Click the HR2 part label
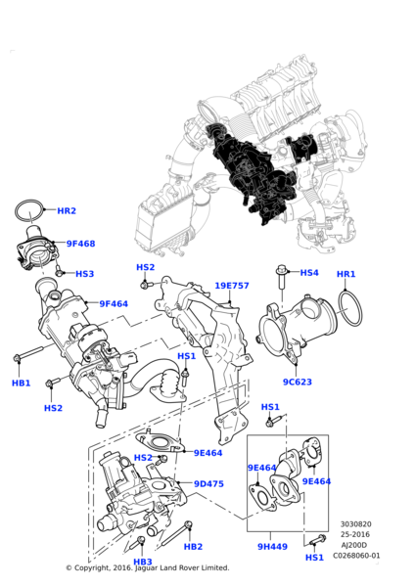[x=67, y=210]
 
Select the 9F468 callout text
[x=81, y=244]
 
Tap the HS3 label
[x=84, y=274]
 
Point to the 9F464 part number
[x=114, y=304]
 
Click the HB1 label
[x=21, y=384]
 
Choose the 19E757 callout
[x=232, y=286]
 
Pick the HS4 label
[x=309, y=273]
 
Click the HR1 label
[x=346, y=274]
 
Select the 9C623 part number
[x=298, y=383]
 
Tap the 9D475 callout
[x=208, y=484]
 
